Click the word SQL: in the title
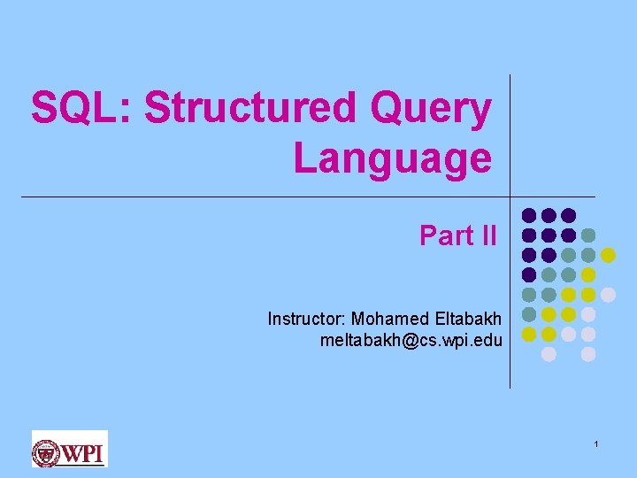point(82,109)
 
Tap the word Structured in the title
point(250,109)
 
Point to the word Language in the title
point(392,158)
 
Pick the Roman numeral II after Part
point(489,235)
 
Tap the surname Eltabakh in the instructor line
point(468,319)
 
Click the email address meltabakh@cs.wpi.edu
point(411,340)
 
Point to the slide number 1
point(597,443)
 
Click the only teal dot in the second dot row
point(588,235)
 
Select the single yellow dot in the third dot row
point(608,255)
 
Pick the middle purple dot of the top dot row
point(549,215)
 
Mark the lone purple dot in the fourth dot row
point(529,274)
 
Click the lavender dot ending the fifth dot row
point(608,294)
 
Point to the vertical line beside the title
point(510,133)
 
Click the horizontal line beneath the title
point(265,197)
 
